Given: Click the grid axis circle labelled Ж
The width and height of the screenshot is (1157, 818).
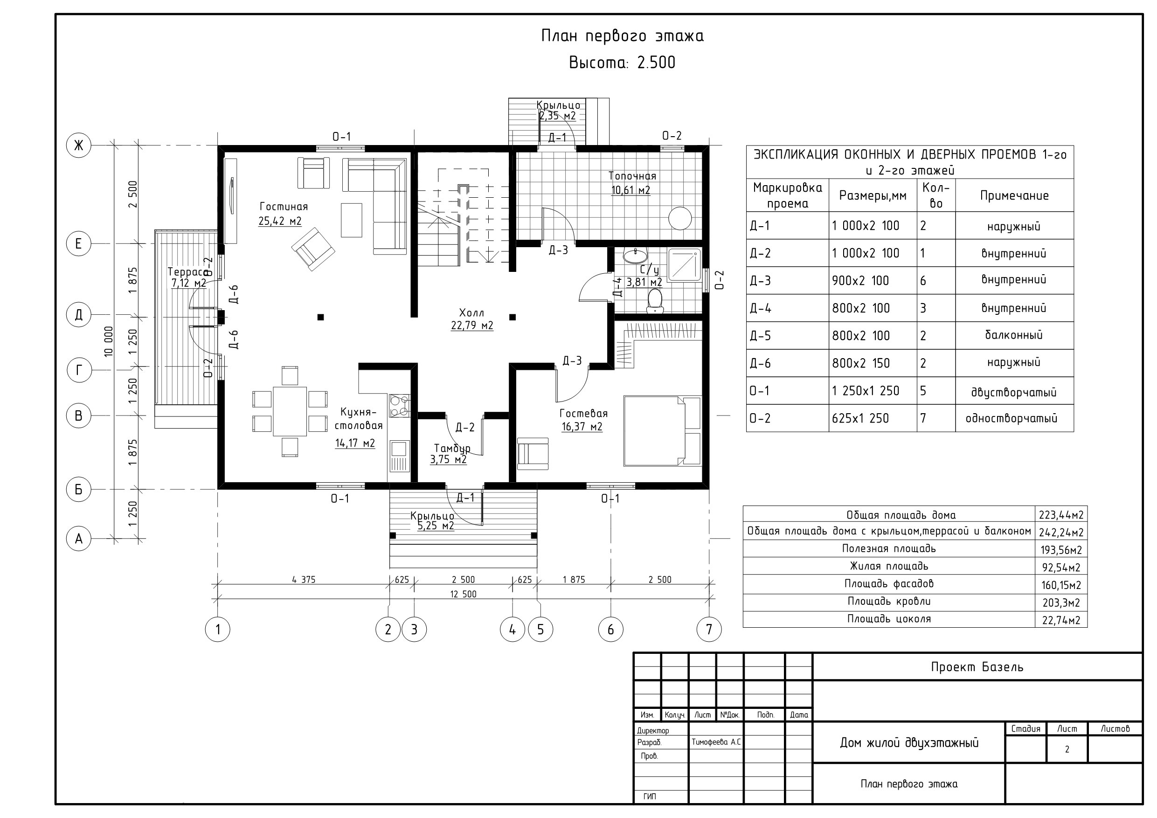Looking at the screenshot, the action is coord(79,146).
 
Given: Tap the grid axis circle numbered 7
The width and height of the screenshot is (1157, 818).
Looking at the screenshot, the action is coord(709,630).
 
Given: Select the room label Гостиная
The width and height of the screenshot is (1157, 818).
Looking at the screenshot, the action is coord(284,207).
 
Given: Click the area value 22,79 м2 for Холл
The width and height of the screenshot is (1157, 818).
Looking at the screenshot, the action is coord(472,326).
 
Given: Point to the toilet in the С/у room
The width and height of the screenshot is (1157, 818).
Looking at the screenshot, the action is coord(655,300).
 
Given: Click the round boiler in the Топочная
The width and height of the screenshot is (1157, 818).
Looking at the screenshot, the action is coord(680,218).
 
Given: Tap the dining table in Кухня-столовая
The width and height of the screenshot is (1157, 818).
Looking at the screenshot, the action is coord(290,411).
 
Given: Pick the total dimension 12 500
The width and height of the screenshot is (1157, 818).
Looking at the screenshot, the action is coord(463,594).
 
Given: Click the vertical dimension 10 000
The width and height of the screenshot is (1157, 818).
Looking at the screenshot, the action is coord(109,342).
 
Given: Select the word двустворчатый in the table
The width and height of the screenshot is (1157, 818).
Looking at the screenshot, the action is coord(1013,392).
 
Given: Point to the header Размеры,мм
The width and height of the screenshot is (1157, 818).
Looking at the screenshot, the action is coord(872,195).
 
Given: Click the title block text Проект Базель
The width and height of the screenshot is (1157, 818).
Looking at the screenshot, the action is coord(977,667).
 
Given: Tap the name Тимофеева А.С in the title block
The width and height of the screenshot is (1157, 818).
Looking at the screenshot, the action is coord(716,742).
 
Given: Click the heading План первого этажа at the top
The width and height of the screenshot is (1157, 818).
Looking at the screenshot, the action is coord(623,36).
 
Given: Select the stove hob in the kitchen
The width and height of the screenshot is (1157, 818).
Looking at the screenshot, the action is coord(399,406).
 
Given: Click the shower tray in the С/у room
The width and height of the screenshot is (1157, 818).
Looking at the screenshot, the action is coord(684,265).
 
